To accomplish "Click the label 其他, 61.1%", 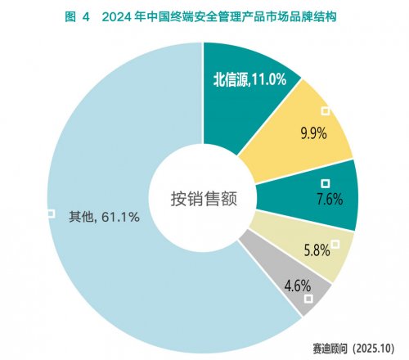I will [x=104, y=216].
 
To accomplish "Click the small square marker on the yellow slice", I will [x=325, y=110].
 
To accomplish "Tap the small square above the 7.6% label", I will [x=326, y=183].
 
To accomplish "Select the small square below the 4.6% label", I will [x=308, y=299].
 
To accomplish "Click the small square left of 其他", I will [x=51, y=214].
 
